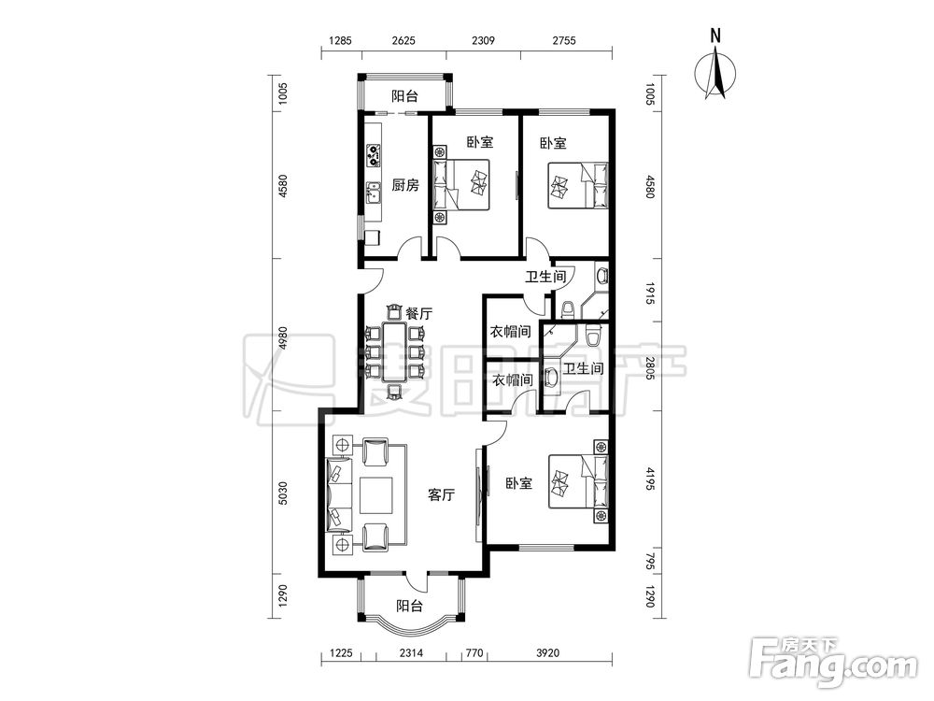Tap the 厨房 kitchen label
click(405, 185)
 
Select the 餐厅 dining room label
click(418, 313)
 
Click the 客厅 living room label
click(442, 494)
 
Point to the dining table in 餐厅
click(394, 352)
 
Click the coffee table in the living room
click(375, 494)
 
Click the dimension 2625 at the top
click(403, 40)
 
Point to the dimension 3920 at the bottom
click(548, 652)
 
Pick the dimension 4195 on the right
click(650, 479)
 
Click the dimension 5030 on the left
click(283, 494)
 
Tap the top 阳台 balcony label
click(404, 95)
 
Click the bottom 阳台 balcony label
click(410, 606)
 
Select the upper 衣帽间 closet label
click(510, 332)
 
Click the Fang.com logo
click(833, 662)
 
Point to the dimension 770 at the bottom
click(474, 652)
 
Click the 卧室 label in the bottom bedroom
click(518, 483)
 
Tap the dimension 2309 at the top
click(483, 40)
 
